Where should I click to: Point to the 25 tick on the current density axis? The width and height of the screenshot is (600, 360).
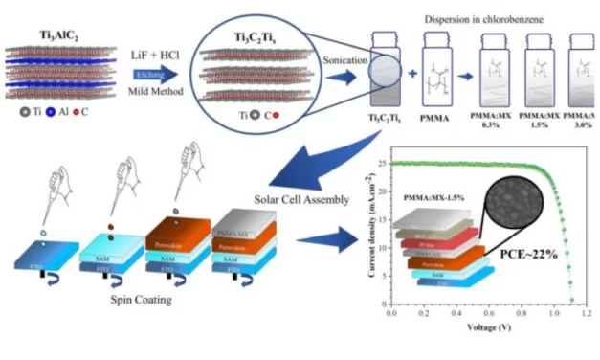[x=380, y=164]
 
